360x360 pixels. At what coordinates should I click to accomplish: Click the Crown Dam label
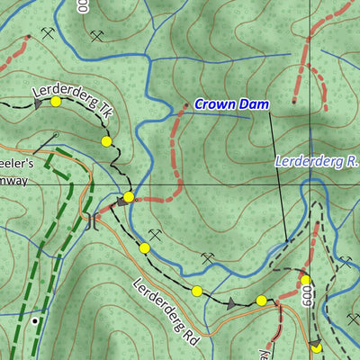click(232, 104)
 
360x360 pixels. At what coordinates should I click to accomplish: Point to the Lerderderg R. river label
click(316, 163)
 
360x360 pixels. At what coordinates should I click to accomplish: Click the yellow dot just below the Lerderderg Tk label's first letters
click(56, 102)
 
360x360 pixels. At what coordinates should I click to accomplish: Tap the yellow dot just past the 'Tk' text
click(106, 141)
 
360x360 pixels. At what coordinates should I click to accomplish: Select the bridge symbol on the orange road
click(92, 219)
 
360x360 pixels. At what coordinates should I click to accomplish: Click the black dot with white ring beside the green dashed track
click(35, 319)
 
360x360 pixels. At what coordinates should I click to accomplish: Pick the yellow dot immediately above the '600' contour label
click(305, 280)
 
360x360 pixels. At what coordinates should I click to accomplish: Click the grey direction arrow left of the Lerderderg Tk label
click(39, 104)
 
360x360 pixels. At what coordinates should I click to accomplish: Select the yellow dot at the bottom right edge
click(316, 347)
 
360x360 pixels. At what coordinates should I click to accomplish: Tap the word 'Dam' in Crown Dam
click(255, 104)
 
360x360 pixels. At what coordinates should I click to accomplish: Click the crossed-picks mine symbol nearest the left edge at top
click(47, 33)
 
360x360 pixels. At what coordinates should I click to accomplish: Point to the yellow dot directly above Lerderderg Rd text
click(144, 247)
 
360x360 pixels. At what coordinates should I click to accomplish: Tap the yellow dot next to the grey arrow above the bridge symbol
click(129, 196)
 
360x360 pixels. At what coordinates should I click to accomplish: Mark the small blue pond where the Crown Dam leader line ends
click(286, 240)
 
